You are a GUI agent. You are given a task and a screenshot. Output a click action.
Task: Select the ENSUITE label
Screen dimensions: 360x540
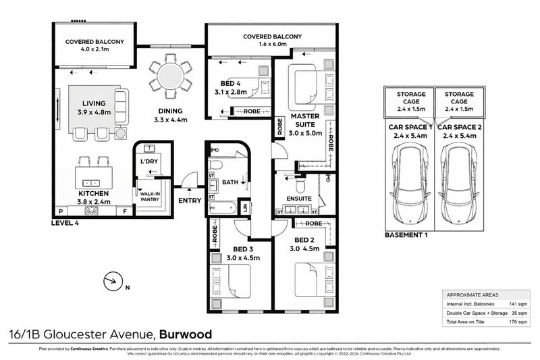tap(298, 199)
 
